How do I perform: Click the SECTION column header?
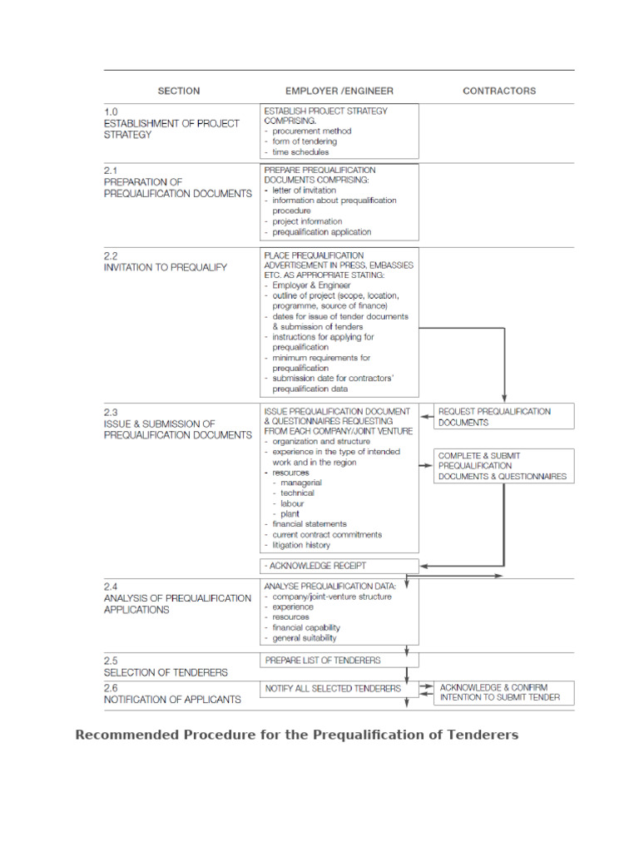click(x=179, y=91)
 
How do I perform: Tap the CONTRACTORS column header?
click(x=499, y=91)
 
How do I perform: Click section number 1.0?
click(x=111, y=111)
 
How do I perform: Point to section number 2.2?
click(x=111, y=256)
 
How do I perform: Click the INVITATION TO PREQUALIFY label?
click(x=165, y=268)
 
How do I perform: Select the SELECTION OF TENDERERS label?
click(x=166, y=672)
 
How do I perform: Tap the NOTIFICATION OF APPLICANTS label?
click(x=172, y=700)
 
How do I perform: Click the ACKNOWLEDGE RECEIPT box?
click(x=339, y=566)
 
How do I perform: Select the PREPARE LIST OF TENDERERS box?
click(x=339, y=661)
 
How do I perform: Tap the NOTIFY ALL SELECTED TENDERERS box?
click(x=339, y=689)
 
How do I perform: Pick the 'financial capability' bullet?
click(x=305, y=628)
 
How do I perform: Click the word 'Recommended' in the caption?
click(x=125, y=735)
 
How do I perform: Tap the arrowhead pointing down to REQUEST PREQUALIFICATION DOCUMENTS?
click(x=503, y=398)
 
